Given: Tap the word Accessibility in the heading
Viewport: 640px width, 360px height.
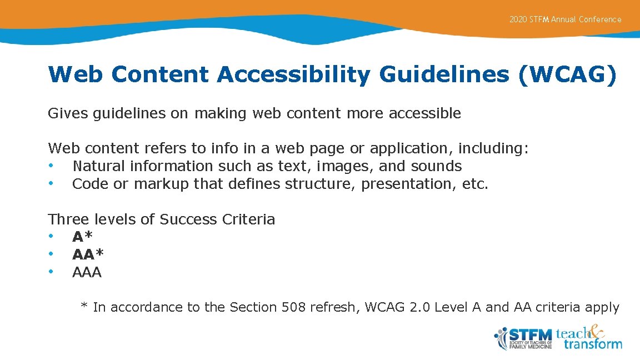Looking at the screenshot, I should point(293,74).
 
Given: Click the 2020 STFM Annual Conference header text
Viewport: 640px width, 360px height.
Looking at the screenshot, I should point(565,19).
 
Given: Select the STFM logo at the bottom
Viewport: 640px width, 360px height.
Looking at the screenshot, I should point(523,338).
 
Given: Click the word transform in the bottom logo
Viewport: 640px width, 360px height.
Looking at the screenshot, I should point(593,344).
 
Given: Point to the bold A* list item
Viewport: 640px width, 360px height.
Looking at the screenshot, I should point(82,237).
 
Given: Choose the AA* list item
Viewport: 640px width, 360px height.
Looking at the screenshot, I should point(88,255).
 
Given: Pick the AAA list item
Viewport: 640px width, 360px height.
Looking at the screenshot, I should point(87,273).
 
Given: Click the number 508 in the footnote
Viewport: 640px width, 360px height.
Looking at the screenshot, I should point(293,307).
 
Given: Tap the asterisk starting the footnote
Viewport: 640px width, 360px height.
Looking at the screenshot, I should point(84,306).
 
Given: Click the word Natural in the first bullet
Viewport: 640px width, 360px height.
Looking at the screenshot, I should point(98,166).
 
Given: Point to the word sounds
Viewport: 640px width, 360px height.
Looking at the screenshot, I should point(436,166).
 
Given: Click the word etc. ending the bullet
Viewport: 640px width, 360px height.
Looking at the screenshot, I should point(475,184).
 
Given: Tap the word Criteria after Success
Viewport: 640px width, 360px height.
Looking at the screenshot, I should point(248,219).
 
